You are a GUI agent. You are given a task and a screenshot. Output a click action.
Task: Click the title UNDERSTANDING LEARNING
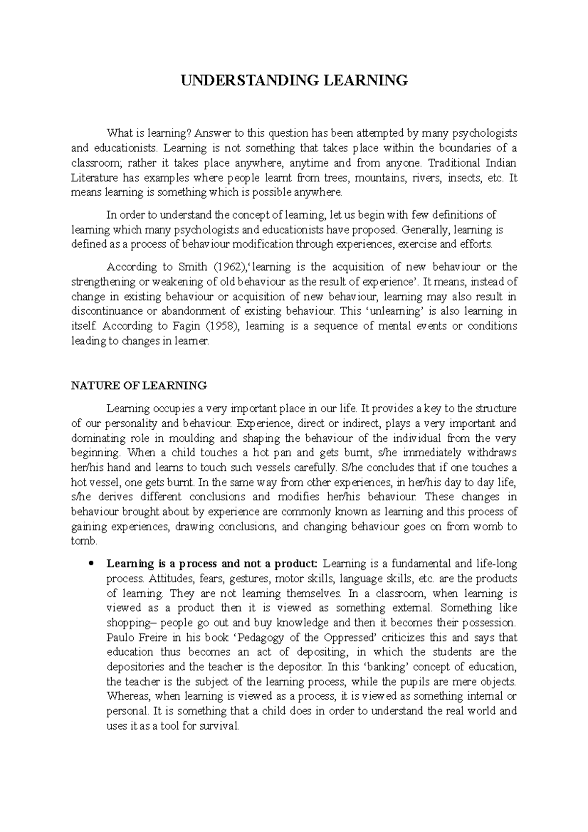(294, 80)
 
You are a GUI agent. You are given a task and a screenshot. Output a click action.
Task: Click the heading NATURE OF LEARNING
(139, 386)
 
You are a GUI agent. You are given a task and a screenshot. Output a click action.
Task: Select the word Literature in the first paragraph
(94, 178)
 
